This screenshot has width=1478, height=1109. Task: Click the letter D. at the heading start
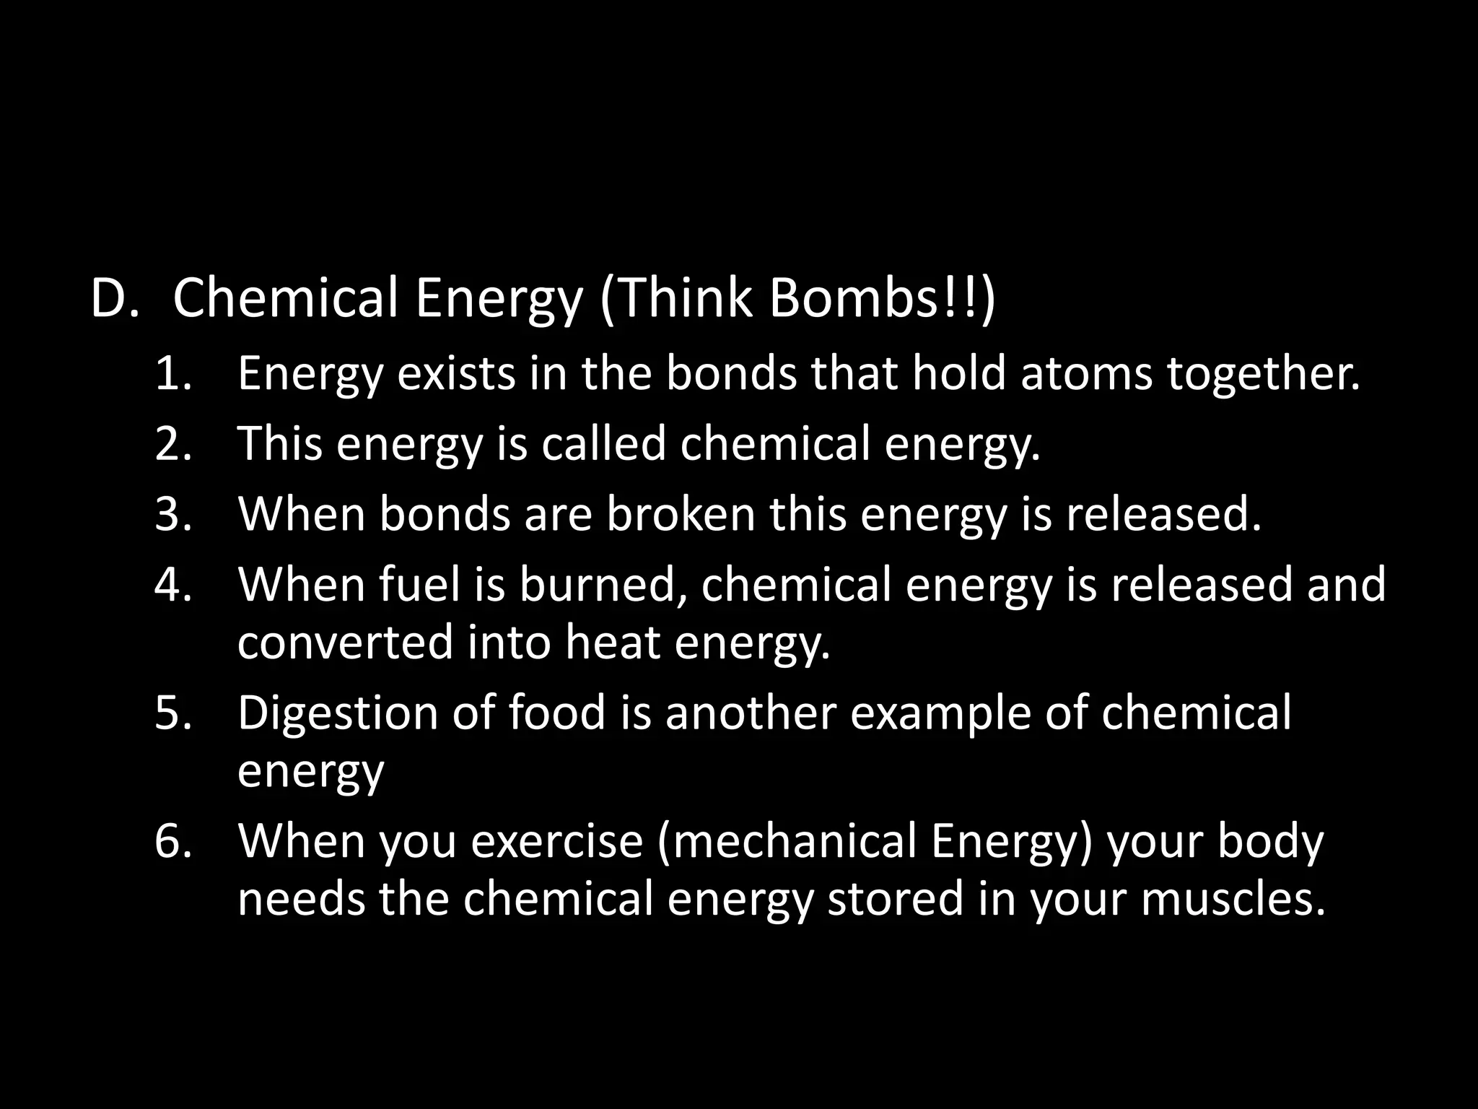[114, 298]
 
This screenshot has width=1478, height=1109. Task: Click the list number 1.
[173, 374]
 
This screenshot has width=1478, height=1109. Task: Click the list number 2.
[173, 444]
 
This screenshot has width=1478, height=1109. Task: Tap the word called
[603, 444]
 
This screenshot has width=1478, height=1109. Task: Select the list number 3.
[173, 514]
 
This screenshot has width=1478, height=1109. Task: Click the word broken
[680, 514]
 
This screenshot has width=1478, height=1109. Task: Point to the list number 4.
[173, 584]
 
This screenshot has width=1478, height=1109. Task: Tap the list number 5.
[173, 713]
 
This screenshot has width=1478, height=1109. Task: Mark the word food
[557, 713]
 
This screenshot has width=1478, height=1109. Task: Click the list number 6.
[173, 841]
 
